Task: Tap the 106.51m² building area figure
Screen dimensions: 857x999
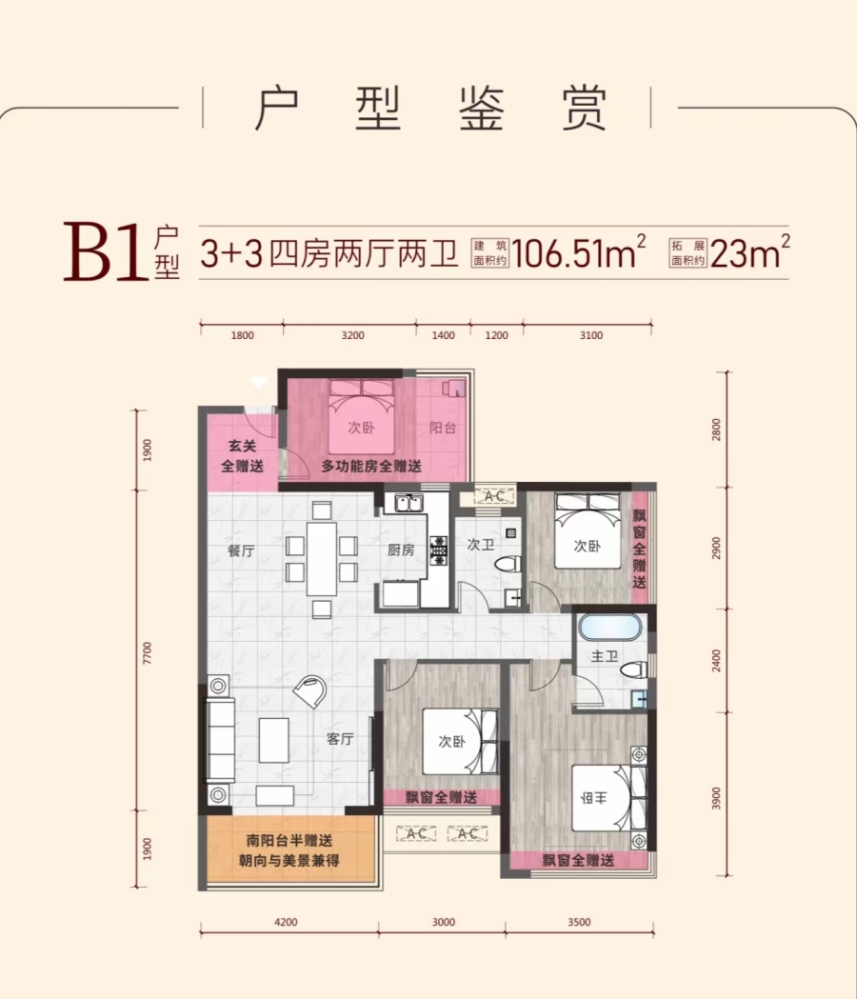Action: pyautogui.click(x=579, y=253)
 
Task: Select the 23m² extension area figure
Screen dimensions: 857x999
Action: pyautogui.click(x=750, y=253)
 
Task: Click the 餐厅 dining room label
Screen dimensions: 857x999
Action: pyautogui.click(x=241, y=551)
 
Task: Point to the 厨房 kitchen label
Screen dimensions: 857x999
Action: pyautogui.click(x=401, y=549)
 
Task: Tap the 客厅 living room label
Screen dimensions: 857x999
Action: pyautogui.click(x=340, y=738)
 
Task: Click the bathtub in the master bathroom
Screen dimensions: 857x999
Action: pyautogui.click(x=609, y=627)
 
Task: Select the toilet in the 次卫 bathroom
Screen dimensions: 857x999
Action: pyautogui.click(x=509, y=563)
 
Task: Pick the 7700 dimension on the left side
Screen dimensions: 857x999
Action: pyautogui.click(x=148, y=653)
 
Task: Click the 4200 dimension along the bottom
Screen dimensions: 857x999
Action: pyautogui.click(x=286, y=922)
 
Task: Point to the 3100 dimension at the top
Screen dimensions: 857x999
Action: pyautogui.click(x=590, y=335)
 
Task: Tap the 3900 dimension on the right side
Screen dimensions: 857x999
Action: pyautogui.click(x=716, y=798)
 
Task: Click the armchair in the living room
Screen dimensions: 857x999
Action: pyautogui.click(x=310, y=690)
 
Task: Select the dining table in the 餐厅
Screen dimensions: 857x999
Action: pyautogui.click(x=321, y=559)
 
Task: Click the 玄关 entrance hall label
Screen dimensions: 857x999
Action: pyautogui.click(x=242, y=446)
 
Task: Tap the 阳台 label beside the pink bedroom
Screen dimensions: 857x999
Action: pyautogui.click(x=442, y=428)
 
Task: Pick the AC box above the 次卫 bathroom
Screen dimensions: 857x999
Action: pyautogui.click(x=494, y=495)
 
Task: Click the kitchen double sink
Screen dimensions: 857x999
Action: pyautogui.click(x=408, y=504)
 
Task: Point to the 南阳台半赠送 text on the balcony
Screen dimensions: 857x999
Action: pyautogui.click(x=289, y=840)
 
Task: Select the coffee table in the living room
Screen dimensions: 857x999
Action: pyautogui.click(x=274, y=740)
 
